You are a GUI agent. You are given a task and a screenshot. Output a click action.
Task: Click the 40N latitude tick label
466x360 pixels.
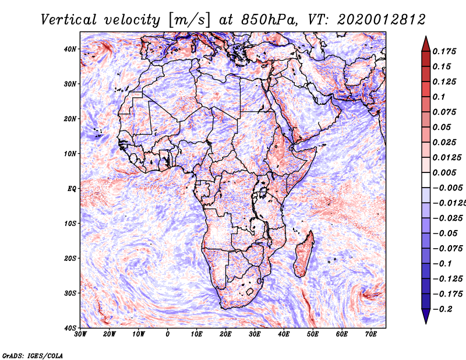pos(70,49)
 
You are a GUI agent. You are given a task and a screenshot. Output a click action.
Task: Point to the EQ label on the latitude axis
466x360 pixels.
pos(72,189)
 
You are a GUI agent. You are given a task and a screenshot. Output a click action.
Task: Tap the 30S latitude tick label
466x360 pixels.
pos(70,293)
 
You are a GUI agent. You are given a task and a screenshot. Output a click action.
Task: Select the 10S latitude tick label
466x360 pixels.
pos(70,223)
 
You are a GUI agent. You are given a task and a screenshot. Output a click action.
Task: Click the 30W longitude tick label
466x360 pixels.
pos(80,334)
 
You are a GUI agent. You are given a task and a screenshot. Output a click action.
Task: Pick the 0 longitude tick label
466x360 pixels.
pos(168,334)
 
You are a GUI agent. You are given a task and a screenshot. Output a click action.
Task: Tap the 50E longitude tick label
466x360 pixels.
pos(313,334)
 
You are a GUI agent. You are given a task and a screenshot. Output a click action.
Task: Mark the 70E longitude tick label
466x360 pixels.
pos(371,334)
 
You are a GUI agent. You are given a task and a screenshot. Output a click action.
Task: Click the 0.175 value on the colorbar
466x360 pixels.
pos(444,51)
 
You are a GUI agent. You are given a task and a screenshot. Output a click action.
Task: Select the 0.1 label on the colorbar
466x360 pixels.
pos(439,97)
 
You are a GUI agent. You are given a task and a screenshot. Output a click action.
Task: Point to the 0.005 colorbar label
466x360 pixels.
pos(444,172)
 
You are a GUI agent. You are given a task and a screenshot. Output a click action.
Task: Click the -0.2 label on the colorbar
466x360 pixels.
pos(442,309)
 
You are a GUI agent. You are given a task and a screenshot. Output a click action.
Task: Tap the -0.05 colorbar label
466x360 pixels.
pos(445,234)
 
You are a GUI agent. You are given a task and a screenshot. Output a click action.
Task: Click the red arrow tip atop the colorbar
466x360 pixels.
pos(426,37)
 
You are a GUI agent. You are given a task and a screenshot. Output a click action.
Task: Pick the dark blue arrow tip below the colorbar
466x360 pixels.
pos(426,323)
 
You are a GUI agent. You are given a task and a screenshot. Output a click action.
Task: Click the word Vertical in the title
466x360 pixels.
pos(69,20)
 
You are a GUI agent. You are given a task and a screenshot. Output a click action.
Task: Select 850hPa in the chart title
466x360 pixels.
pos(270,20)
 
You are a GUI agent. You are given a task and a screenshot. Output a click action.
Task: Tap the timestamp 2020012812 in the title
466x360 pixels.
pos(382,20)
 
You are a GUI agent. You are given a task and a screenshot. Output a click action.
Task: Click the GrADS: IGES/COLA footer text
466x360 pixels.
pos(33,355)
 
